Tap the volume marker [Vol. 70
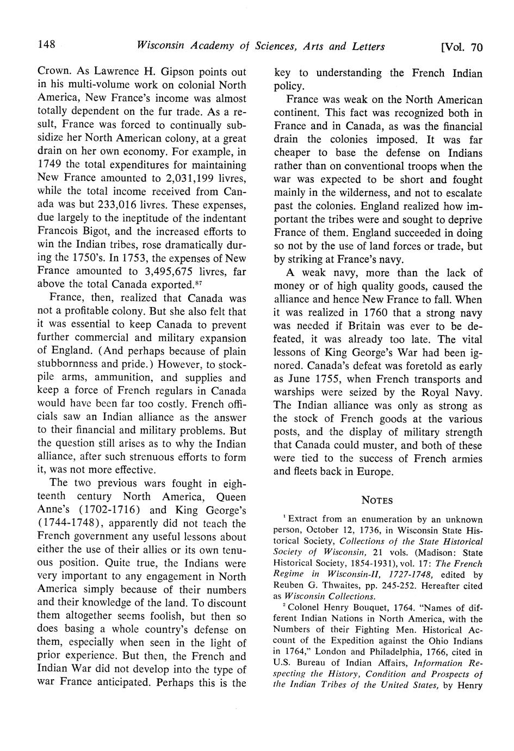pos(462,47)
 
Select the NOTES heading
pos(377,500)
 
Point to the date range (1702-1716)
pos(109,510)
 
